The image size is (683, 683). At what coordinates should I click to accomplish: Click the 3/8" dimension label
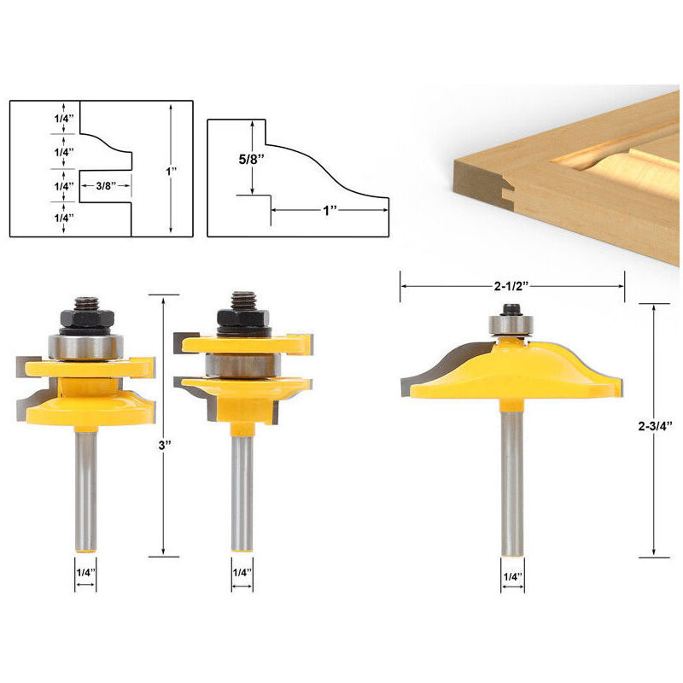(107, 185)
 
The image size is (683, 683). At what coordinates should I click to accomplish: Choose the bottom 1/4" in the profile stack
(63, 219)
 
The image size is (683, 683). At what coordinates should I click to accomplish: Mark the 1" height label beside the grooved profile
(172, 172)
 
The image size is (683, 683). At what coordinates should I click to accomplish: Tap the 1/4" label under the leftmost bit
(85, 572)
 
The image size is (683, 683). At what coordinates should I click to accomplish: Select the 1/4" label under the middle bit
(242, 572)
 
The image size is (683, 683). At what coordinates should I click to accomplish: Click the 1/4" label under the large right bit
(512, 577)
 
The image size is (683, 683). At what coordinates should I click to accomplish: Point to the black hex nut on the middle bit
(242, 322)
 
